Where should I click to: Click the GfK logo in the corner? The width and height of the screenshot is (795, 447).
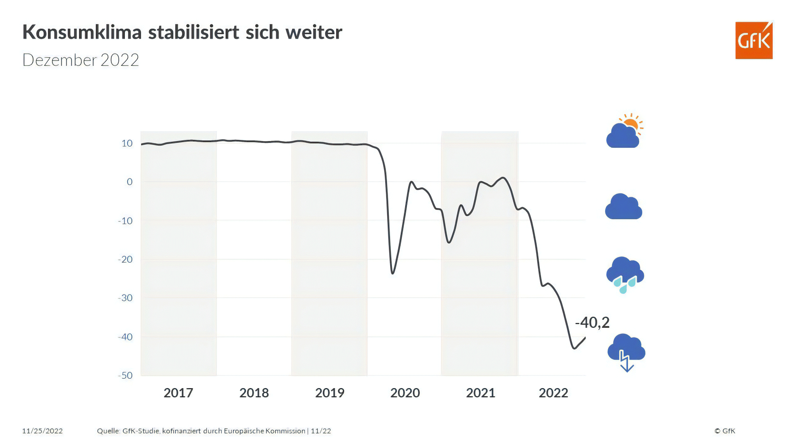click(754, 41)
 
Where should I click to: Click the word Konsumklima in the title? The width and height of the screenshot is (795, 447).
click(82, 32)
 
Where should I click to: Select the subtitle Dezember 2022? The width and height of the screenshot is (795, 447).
click(81, 60)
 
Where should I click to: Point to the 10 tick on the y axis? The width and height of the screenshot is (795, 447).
click(127, 143)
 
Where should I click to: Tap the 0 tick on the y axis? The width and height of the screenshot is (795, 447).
click(130, 182)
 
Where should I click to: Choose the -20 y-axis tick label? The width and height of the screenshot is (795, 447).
click(125, 259)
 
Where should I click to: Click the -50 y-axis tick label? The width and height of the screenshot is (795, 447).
click(125, 375)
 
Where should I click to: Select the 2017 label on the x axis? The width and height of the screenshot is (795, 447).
click(178, 393)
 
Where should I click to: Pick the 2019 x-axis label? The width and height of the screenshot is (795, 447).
click(330, 393)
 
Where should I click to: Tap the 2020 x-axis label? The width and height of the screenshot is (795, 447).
click(405, 393)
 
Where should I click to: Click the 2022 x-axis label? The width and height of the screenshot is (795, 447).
click(553, 393)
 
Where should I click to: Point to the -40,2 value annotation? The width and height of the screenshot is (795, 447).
click(592, 323)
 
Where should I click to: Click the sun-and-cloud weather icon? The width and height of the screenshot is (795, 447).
click(624, 132)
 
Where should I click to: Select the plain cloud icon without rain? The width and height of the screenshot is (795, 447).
click(623, 207)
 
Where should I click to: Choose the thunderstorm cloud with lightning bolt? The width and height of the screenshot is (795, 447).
click(626, 352)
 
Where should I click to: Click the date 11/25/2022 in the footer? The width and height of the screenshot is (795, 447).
click(43, 431)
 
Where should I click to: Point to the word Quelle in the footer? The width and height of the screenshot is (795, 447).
click(108, 431)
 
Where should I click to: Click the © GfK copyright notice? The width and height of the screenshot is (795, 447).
click(725, 431)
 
